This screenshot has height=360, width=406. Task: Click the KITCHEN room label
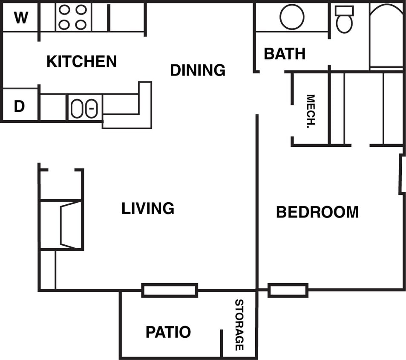tap(81, 61)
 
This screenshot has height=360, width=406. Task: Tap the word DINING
tap(198, 70)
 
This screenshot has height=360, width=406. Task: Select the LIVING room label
tap(148, 209)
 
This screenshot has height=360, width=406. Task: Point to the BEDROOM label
tap(317, 212)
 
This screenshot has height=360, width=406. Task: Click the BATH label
tap(285, 54)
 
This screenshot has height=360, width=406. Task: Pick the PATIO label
tap(168, 332)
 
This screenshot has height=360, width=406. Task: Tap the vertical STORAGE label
tap(239, 325)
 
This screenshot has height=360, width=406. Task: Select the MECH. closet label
tap(311, 111)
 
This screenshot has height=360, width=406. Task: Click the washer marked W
tap(20, 18)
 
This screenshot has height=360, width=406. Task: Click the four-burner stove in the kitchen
tap(72, 17)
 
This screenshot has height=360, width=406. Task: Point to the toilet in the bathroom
tap(344, 20)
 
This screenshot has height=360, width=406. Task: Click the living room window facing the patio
tap(170, 290)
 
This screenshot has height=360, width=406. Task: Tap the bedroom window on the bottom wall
tap(288, 290)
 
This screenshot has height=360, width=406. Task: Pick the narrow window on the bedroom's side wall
tap(401, 174)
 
